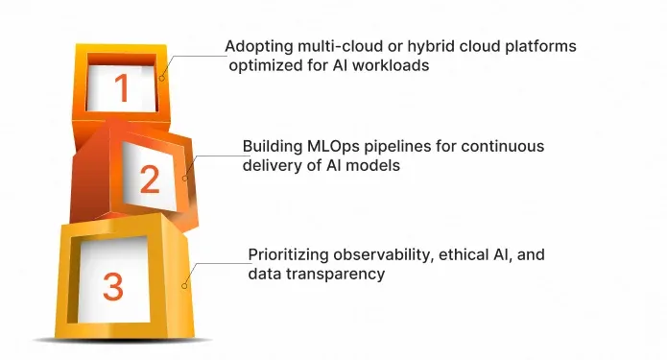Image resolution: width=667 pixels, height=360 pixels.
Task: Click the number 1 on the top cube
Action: [x=121, y=89]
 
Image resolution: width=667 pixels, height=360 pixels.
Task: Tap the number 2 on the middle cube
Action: [x=149, y=180]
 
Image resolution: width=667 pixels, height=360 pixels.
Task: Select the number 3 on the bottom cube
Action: [x=113, y=285]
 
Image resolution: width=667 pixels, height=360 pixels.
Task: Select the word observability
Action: [x=379, y=255]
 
